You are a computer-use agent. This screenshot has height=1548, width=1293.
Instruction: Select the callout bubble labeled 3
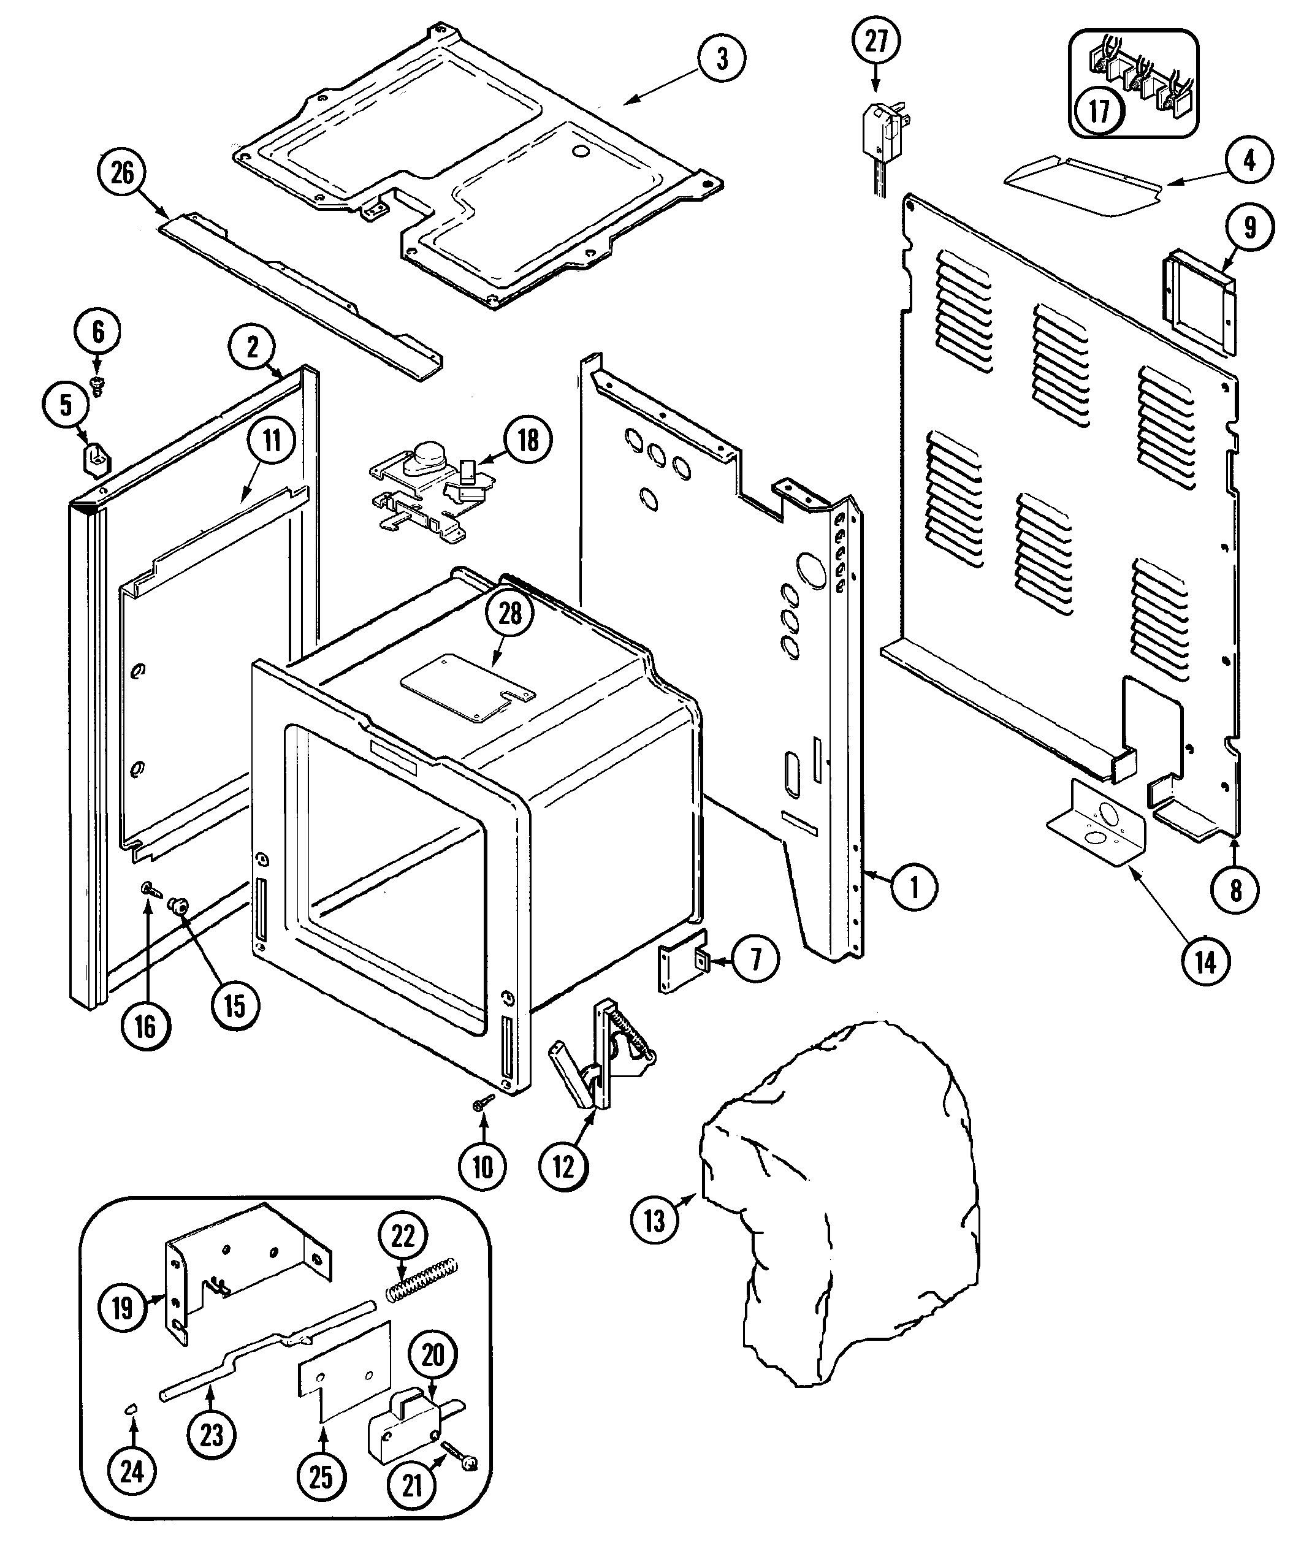tap(722, 58)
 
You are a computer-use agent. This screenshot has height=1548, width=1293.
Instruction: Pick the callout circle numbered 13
tap(655, 1220)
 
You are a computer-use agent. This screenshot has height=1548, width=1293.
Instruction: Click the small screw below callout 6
tap(96, 382)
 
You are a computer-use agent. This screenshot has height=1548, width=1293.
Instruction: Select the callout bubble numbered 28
tap(510, 613)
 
